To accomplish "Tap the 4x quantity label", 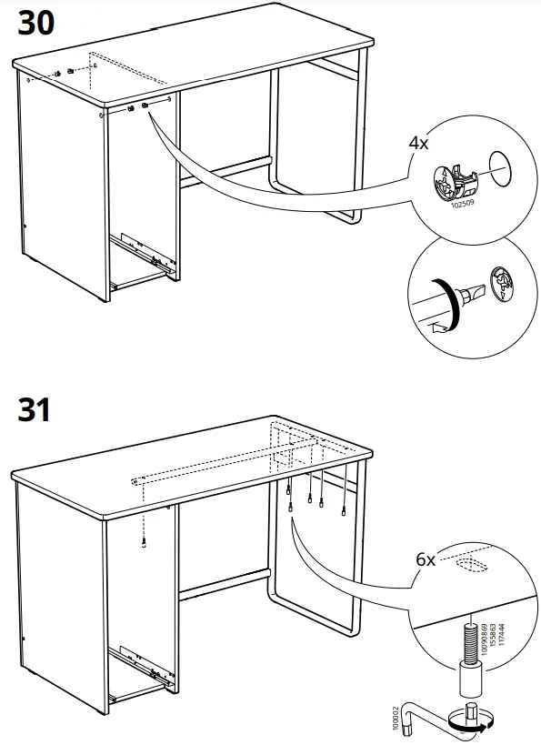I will click(x=420, y=144).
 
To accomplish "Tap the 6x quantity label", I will click(x=426, y=560).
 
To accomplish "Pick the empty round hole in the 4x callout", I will click(x=501, y=165).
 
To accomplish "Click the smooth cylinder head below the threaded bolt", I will click(x=470, y=679).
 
